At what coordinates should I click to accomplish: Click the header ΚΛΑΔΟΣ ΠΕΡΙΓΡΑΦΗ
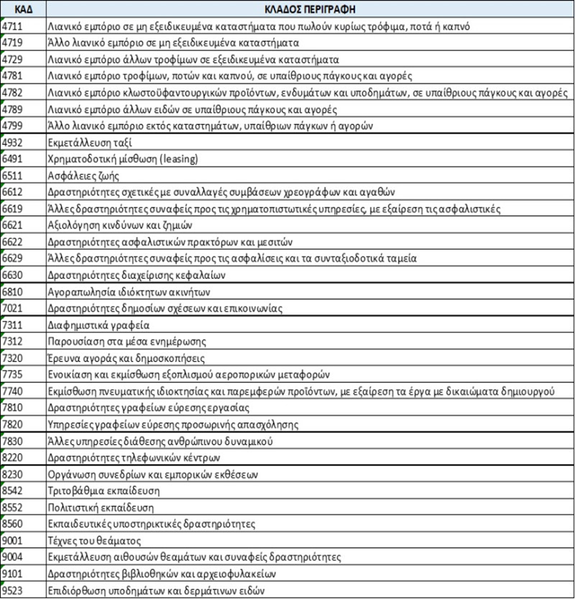[x=310, y=10]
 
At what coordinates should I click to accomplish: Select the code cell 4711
[x=13, y=26]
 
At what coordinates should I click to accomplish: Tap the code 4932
[x=13, y=142]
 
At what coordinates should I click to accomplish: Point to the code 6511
[x=13, y=175]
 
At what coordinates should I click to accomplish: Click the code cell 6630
[x=13, y=275]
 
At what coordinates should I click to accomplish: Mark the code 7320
[x=13, y=358]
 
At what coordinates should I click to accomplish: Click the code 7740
[x=13, y=391]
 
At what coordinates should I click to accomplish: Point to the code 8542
[x=13, y=491]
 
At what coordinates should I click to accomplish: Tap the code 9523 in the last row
[x=13, y=590]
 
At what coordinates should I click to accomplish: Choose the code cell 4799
[x=13, y=125]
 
